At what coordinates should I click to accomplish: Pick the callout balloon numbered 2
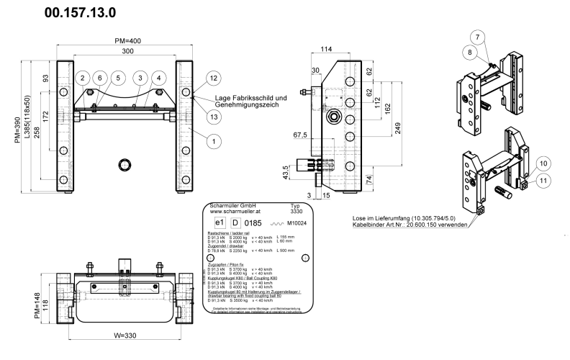[x=83, y=78]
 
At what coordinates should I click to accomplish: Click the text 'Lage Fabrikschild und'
[x=251, y=98]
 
